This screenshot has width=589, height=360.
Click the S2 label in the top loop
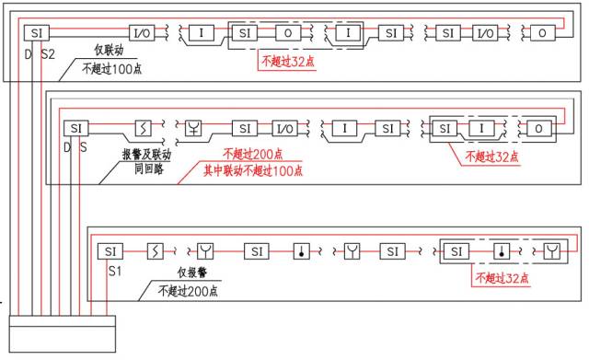click(48, 54)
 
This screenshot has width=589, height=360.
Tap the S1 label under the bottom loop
click(115, 271)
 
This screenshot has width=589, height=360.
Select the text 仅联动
click(109, 50)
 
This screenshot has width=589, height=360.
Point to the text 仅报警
click(192, 273)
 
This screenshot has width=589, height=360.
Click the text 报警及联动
click(147, 154)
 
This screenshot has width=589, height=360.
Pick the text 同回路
click(149, 169)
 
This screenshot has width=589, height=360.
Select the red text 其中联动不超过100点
click(253, 171)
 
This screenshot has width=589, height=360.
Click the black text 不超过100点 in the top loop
click(112, 69)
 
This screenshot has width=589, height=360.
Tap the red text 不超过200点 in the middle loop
click(253, 154)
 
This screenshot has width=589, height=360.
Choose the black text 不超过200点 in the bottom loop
click(188, 291)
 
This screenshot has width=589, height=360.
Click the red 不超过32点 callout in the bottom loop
click(502, 278)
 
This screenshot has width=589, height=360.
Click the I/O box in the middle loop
click(284, 129)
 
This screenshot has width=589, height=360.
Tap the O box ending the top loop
click(542, 33)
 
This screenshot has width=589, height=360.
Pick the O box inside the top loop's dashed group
click(288, 33)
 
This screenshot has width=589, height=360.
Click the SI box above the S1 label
click(110, 251)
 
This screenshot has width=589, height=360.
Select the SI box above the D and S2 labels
click(37, 33)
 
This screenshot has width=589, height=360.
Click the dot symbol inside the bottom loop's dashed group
click(502, 251)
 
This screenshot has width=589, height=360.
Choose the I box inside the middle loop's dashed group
click(481, 129)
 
